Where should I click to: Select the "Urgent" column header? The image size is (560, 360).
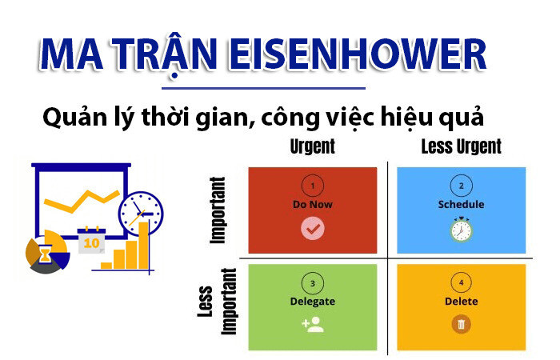(x=312, y=146)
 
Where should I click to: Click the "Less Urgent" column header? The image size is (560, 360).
(x=461, y=146)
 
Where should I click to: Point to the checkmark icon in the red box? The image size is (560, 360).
(x=312, y=230)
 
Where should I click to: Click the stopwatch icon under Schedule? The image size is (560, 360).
(x=461, y=230)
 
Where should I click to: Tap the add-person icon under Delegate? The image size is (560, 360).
(x=312, y=325)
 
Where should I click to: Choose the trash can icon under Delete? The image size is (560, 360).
(x=461, y=325)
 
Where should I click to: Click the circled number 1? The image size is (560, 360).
(x=312, y=186)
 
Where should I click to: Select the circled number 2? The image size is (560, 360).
(x=461, y=186)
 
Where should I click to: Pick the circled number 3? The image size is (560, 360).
(x=312, y=283)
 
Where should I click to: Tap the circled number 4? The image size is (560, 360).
(x=461, y=283)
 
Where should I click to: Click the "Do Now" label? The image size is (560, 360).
(x=312, y=204)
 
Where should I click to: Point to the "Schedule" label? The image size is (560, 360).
(x=461, y=204)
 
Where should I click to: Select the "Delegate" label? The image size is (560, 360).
(x=312, y=302)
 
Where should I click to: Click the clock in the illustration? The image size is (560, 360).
(x=141, y=212)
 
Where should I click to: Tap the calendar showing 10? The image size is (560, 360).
(x=92, y=239)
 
